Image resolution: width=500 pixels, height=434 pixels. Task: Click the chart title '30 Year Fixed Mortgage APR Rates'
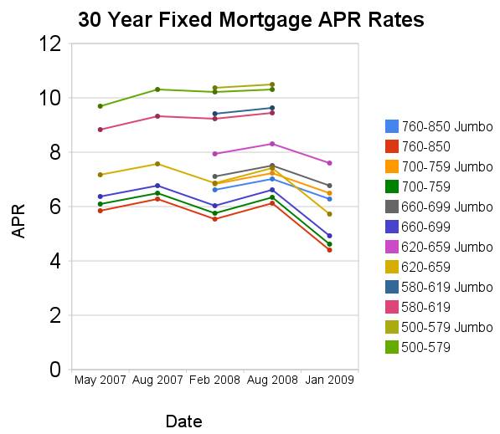(x=251, y=19)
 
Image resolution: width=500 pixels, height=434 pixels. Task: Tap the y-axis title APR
(x=19, y=220)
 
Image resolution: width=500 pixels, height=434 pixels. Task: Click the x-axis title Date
(x=183, y=421)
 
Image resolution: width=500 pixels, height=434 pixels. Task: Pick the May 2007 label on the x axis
(x=101, y=380)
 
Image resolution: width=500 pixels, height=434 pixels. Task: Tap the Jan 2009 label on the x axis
(x=329, y=380)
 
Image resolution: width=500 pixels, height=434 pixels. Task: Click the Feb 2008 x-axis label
(x=215, y=380)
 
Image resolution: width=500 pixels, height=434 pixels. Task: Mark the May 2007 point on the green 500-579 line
(x=101, y=106)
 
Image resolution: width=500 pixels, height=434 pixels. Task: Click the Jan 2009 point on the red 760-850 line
(x=329, y=250)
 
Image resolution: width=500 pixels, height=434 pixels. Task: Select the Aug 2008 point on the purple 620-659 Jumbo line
(x=272, y=144)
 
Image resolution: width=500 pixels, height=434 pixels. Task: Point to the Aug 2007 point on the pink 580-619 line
(x=157, y=116)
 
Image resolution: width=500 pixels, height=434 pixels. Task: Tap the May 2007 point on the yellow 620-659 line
(x=101, y=175)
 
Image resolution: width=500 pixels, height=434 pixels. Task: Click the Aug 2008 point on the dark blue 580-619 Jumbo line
(x=272, y=108)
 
